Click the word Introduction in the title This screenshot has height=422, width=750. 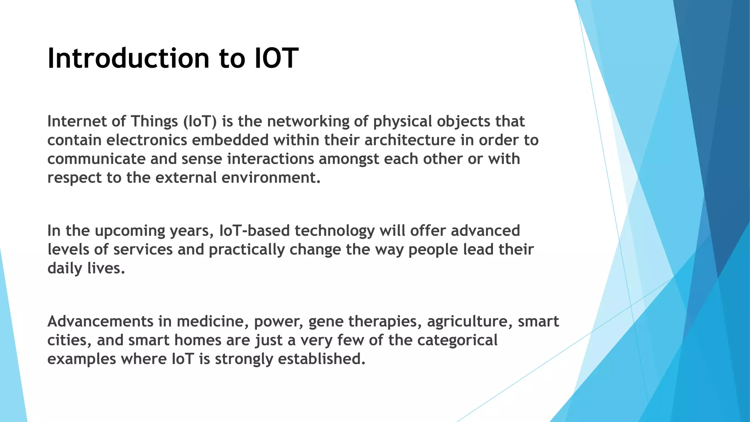[x=129, y=59]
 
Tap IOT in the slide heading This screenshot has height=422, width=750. [x=276, y=59]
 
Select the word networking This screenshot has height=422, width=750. [x=308, y=121]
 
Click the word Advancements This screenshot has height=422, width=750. [x=100, y=322]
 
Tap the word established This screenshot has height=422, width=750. [x=321, y=359]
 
